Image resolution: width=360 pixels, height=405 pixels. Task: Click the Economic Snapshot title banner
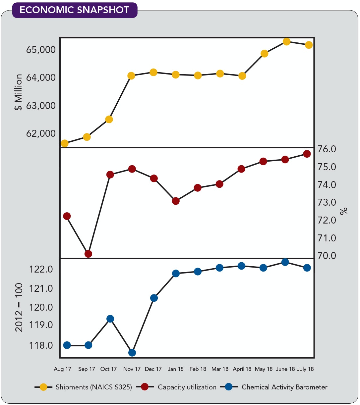[x=74, y=10]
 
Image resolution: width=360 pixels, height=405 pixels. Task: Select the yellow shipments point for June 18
[x=286, y=41]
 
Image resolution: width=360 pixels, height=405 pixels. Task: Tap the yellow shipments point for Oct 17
[x=109, y=119]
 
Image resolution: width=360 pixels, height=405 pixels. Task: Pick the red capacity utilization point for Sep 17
[x=88, y=254]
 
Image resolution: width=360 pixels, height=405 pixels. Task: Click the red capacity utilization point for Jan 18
[x=176, y=201]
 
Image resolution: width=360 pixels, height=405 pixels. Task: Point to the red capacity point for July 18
[x=307, y=154]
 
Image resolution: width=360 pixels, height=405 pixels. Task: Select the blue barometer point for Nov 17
[x=132, y=353]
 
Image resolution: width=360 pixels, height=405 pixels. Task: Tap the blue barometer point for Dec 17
[x=154, y=298]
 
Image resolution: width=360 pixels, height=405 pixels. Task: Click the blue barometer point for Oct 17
[x=110, y=319]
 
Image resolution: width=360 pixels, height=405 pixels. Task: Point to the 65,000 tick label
[x=41, y=50]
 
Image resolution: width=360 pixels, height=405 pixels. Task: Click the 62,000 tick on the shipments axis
[x=41, y=133]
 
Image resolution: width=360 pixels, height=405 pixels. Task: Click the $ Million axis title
[x=19, y=92]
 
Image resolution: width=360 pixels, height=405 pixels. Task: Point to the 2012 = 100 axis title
[x=19, y=307]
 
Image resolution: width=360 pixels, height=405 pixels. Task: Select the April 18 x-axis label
[x=242, y=369]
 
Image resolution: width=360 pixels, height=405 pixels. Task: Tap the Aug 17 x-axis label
[x=63, y=369]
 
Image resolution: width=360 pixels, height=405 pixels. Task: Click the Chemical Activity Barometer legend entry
[x=284, y=387]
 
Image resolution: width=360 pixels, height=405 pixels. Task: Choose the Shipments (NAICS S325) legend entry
[x=93, y=387]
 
